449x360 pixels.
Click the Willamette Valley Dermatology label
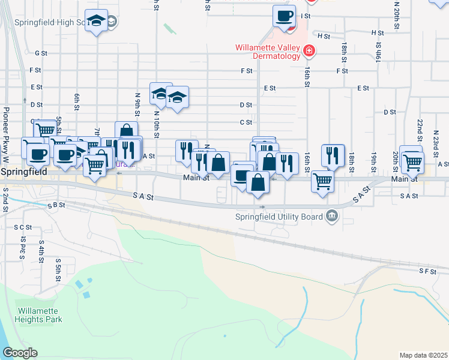tap(267, 52)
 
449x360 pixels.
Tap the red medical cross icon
tap(309, 52)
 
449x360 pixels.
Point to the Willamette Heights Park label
tap(40, 316)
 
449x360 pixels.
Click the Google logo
tap(20, 353)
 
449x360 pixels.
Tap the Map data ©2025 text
tap(423, 355)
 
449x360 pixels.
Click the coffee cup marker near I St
tap(285, 16)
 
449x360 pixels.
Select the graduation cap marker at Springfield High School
tap(96, 22)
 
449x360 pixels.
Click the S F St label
tap(427, 271)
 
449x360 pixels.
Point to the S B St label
tap(55, 205)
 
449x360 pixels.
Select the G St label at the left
tap(41, 53)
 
